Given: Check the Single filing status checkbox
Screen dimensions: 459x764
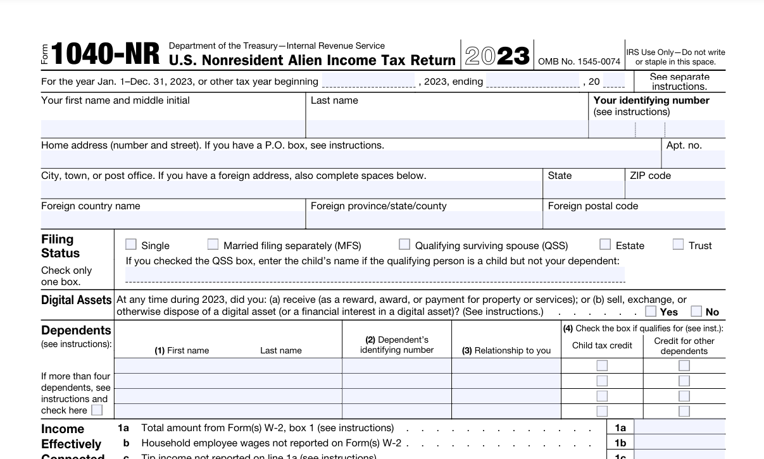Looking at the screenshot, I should click(x=131, y=244).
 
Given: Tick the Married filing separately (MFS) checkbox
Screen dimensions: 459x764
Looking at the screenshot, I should click(x=213, y=244).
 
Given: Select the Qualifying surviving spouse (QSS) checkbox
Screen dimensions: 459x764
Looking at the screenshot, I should click(x=404, y=244).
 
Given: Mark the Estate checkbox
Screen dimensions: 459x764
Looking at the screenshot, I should click(x=606, y=244).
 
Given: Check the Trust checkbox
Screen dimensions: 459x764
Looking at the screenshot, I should click(x=678, y=244).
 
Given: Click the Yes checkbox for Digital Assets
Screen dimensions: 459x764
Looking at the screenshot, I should click(x=651, y=311).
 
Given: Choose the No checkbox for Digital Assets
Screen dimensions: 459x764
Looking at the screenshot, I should click(x=696, y=311).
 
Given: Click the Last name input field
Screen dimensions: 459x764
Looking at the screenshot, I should click(x=447, y=129).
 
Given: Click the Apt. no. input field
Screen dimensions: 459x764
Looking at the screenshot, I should click(x=693, y=159).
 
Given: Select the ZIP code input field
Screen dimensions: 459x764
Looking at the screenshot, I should click(x=675, y=190).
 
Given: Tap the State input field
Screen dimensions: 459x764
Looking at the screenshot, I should click(x=584, y=190).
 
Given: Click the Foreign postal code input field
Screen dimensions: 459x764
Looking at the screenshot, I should click(x=634, y=220).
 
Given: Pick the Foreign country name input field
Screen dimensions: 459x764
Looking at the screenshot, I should click(x=173, y=220).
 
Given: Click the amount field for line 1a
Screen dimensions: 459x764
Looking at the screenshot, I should click(x=679, y=428).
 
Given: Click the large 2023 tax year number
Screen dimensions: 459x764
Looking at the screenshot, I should click(x=498, y=56).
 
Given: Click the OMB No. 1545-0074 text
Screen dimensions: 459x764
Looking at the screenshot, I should click(x=579, y=62).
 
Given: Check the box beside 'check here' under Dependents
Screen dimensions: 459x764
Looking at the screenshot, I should click(x=97, y=410).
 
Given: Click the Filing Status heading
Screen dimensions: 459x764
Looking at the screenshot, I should click(x=61, y=246).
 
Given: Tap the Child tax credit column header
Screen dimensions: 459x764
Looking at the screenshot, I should click(x=602, y=345).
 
